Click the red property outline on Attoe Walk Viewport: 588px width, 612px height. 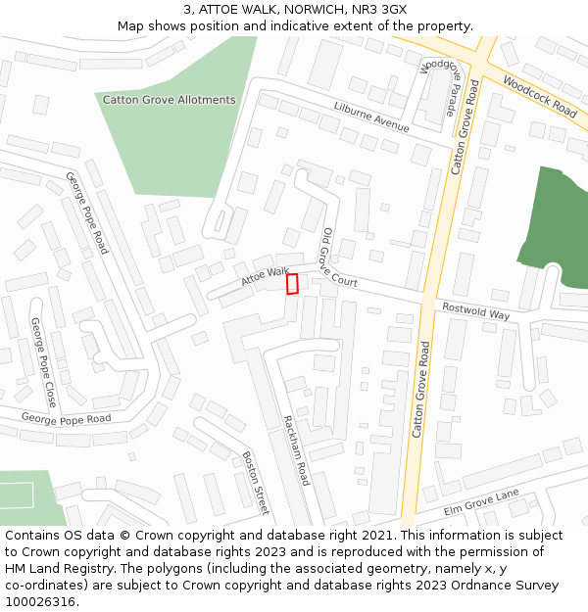(x=291, y=284)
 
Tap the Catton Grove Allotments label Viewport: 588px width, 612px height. (x=169, y=100)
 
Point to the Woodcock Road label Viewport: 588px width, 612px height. (x=539, y=96)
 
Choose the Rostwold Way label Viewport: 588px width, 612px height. (x=476, y=310)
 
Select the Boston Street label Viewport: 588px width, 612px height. (x=255, y=483)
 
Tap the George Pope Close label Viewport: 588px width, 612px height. (x=44, y=362)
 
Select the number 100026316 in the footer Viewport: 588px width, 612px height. (x=40, y=601)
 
